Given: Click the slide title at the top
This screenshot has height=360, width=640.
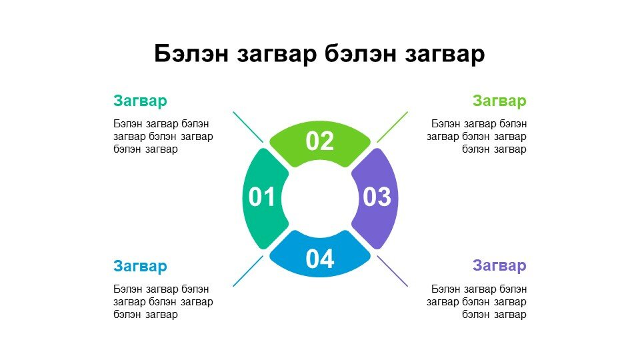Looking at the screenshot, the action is [319, 53].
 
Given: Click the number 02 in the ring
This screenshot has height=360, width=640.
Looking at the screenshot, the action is [320, 141].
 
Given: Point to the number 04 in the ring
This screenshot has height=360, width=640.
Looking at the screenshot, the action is [320, 259].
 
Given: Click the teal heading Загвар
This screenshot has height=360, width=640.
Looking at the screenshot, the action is [140, 101].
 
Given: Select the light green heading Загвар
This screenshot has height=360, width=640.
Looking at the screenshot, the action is [499, 101].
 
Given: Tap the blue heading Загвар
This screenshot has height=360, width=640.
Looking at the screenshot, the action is [140, 266].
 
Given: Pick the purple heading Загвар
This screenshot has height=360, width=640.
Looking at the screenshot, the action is [499, 266].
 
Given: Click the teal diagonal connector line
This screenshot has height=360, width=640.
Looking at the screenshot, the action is [248, 127].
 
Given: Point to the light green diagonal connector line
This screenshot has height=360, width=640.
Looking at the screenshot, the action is [392, 127].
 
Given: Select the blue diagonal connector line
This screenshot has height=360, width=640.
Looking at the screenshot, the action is [248, 271].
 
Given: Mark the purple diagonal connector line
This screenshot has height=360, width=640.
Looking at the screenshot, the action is [392, 271].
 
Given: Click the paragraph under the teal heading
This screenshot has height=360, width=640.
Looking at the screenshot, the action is [163, 136].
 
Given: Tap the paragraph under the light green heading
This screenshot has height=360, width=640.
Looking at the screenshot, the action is [477, 136].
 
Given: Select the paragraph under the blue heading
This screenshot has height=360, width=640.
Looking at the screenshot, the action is [163, 301].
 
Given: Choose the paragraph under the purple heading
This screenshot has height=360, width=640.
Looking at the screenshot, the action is [477, 301].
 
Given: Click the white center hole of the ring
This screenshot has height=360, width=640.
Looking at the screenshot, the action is [320, 199].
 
